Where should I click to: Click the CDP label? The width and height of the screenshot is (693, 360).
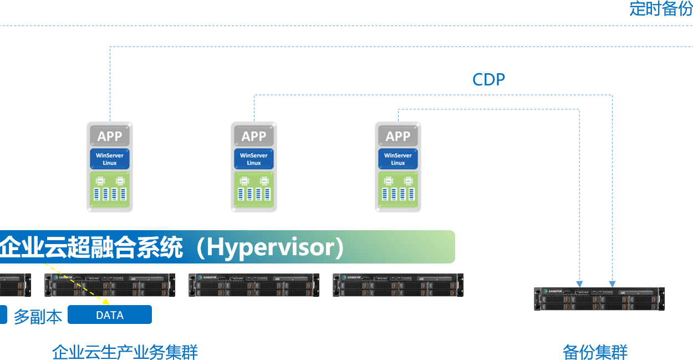pyautogui.click(x=488, y=79)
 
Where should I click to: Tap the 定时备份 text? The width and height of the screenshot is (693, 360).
pyautogui.click(x=660, y=8)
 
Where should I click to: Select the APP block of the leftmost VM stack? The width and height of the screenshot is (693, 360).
pyautogui.click(x=110, y=136)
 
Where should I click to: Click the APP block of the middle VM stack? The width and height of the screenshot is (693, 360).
pyautogui.click(x=254, y=136)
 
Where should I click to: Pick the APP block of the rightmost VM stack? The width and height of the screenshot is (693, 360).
pyautogui.click(x=398, y=136)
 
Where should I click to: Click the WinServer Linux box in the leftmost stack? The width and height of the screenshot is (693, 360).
pyautogui.click(x=110, y=159)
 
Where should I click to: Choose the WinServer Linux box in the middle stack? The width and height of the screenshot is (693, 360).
pyautogui.click(x=254, y=159)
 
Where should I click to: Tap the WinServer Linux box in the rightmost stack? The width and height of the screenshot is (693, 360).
pyautogui.click(x=398, y=159)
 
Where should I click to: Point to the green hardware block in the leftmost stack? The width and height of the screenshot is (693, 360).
pyautogui.click(x=110, y=190)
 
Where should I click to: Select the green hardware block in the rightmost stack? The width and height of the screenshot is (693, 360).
pyautogui.click(x=398, y=190)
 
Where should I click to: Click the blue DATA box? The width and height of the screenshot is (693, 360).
pyautogui.click(x=110, y=315)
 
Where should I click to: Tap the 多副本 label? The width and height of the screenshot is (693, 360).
pyautogui.click(x=38, y=316)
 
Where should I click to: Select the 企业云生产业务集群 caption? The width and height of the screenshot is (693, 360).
pyautogui.click(x=125, y=352)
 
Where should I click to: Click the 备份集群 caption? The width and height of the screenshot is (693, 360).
pyautogui.click(x=595, y=352)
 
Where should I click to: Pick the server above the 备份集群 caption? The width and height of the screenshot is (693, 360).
pyautogui.click(x=599, y=298)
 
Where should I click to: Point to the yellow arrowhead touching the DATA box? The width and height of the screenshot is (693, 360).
pyautogui.click(x=106, y=302)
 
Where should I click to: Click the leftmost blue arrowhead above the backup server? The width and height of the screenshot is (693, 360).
pyautogui.click(x=579, y=283)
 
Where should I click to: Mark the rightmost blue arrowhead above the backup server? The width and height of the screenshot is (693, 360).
pyautogui.click(x=612, y=283)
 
